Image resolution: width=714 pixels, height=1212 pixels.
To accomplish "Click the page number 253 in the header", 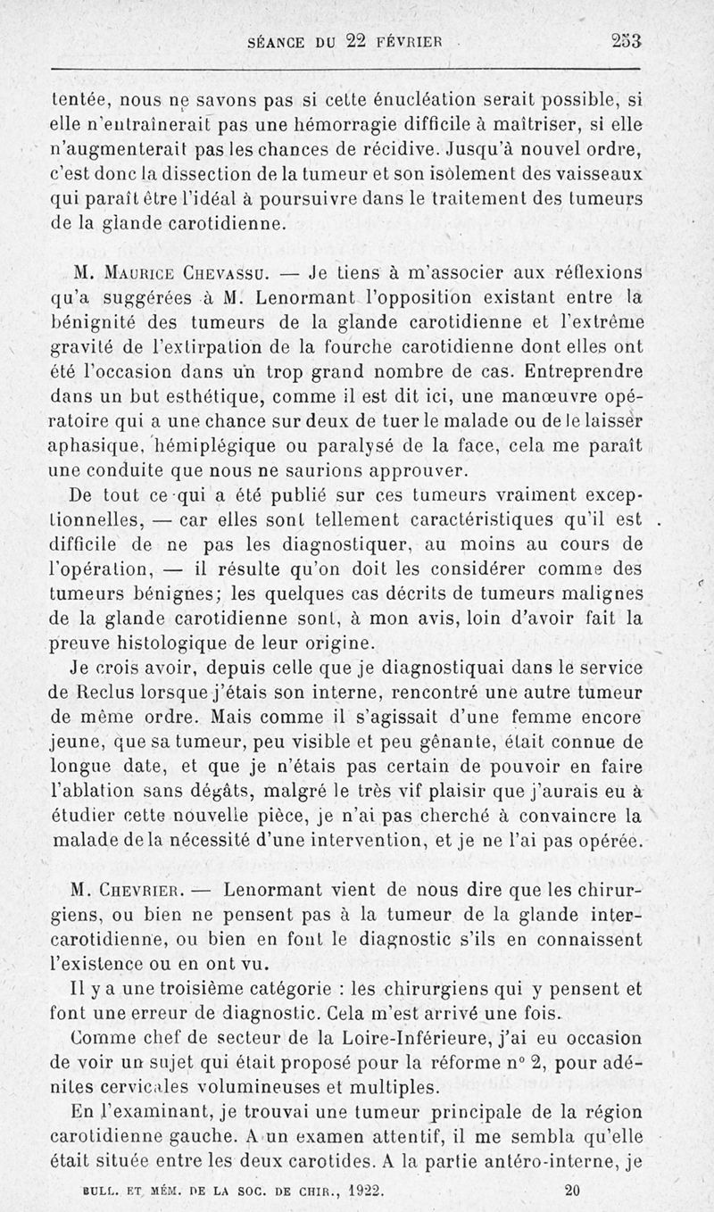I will tap(627, 40).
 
